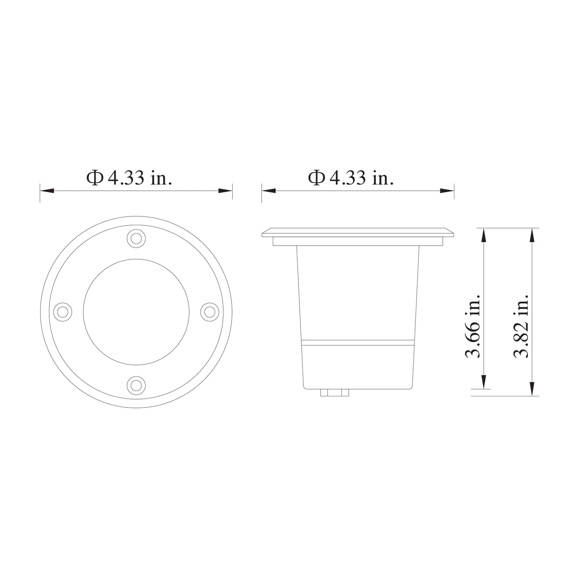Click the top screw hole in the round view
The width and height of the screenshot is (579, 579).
tap(136, 238)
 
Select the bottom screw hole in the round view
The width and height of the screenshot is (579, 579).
tap(136, 385)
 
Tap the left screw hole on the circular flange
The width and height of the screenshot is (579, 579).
tap(63, 311)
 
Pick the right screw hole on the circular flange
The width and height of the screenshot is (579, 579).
tap(209, 311)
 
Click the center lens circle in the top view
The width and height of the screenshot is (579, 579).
tap(136, 312)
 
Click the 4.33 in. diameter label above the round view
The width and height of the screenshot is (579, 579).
tap(129, 178)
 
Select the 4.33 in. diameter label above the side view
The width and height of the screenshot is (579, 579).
tap(351, 178)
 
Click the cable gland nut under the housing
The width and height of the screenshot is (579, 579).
tap(335, 393)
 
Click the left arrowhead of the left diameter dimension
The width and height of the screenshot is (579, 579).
tap(46, 191)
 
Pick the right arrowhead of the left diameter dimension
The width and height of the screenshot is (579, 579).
tap(226, 191)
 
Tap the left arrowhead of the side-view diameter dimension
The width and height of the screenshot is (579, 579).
tap(268, 191)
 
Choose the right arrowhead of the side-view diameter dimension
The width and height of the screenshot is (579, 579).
tap(447, 191)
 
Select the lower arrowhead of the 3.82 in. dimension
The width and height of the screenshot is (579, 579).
tap(532, 389)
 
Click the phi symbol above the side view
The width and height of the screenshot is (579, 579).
tap(316, 178)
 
